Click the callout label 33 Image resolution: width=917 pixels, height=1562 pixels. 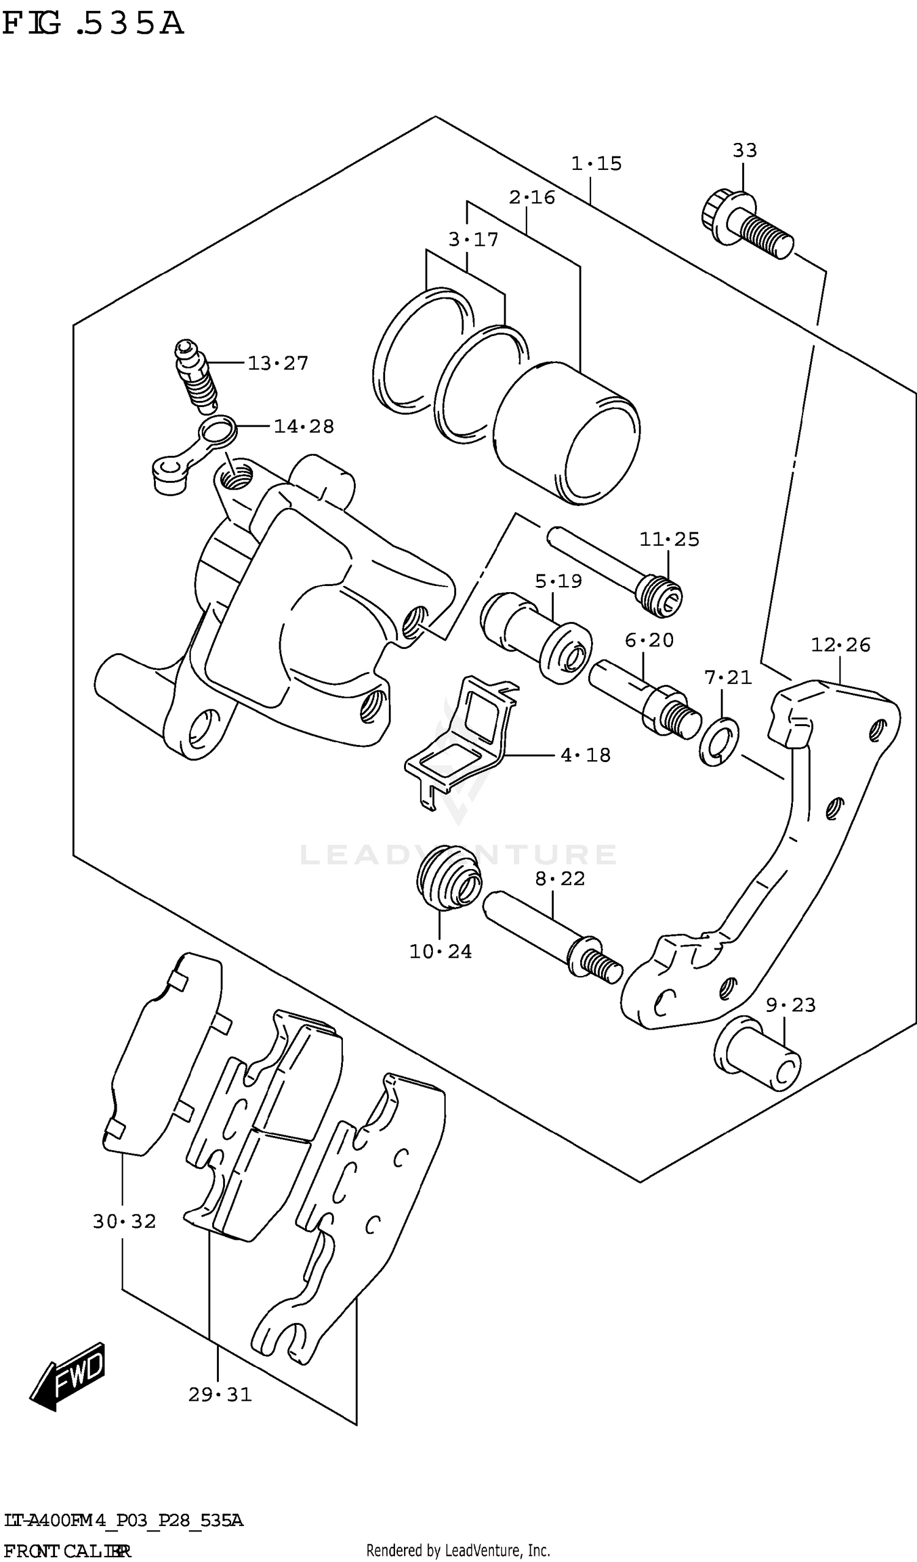tap(745, 150)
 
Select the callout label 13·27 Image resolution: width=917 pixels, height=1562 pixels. tap(278, 363)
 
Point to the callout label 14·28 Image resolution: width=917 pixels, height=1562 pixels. tap(304, 427)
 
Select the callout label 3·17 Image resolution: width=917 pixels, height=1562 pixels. tap(473, 240)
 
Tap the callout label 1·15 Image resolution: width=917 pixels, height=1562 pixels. tap(596, 164)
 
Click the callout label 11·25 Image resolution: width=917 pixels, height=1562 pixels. tap(669, 540)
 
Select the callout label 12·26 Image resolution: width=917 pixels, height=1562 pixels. tap(841, 645)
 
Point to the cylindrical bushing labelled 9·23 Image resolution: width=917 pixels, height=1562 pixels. tap(757, 1053)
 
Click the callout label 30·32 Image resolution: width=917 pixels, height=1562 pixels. tap(125, 1222)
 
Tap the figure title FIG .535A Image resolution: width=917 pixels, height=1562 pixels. tap(93, 24)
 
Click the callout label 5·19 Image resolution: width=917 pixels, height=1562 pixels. tap(559, 581)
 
